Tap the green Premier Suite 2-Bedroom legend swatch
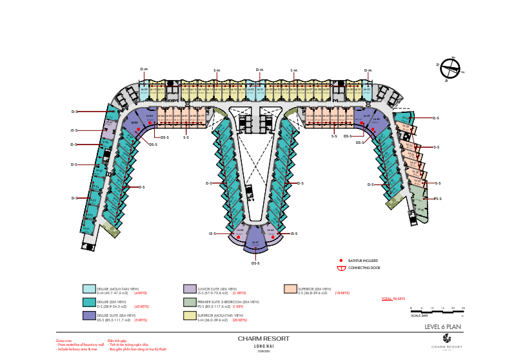(x=189, y=303)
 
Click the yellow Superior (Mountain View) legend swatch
(x=189, y=315)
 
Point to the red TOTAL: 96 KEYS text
(x=393, y=299)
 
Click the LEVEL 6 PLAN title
(x=443, y=326)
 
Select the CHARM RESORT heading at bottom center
(x=263, y=339)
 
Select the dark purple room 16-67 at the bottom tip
(x=255, y=244)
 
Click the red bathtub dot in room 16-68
(x=239, y=237)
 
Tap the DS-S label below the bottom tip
(x=255, y=263)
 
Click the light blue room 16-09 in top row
(x=144, y=90)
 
